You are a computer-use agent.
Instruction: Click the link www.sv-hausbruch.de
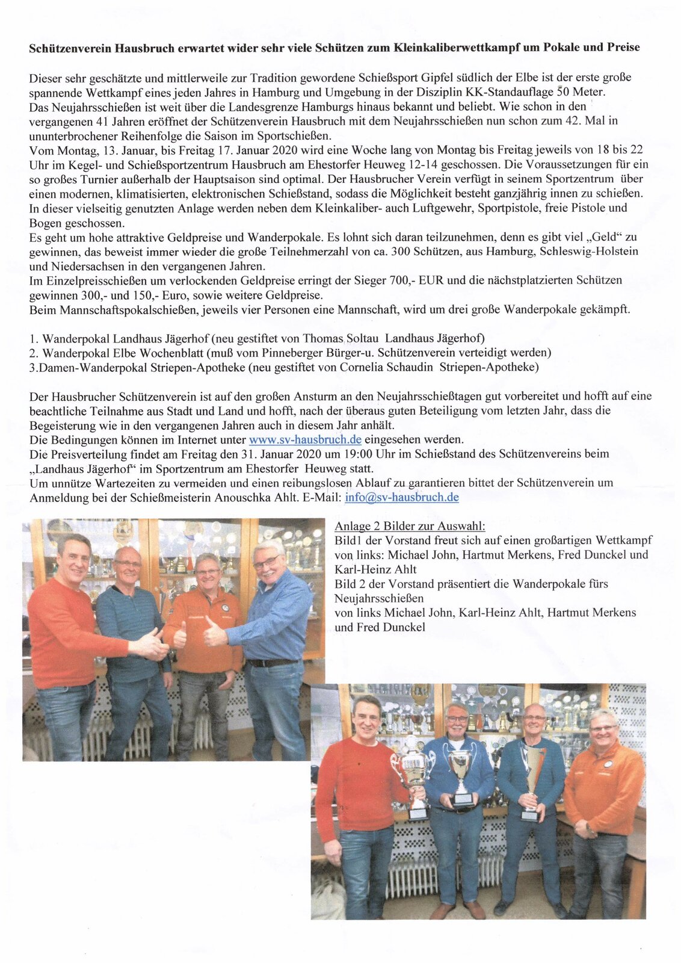(305, 439)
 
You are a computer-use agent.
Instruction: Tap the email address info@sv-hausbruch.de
(402, 497)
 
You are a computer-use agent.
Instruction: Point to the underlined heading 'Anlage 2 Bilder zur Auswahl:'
(410, 526)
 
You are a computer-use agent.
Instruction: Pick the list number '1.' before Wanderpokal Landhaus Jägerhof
(34, 338)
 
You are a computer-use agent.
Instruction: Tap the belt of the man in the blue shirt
(273, 663)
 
